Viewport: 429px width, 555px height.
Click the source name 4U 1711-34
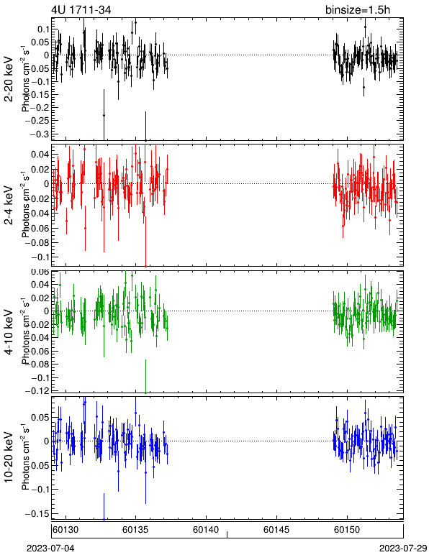(x=81, y=9)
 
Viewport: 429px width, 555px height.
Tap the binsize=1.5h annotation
(x=358, y=9)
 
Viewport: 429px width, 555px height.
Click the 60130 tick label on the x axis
(x=66, y=530)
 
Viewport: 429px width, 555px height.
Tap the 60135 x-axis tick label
(x=135, y=530)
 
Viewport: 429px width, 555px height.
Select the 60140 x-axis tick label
(x=206, y=530)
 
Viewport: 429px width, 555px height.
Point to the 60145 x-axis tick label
(x=276, y=530)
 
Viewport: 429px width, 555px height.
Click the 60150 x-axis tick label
(x=347, y=530)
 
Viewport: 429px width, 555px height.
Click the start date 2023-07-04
(x=50, y=549)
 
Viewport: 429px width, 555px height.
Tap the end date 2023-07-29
(x=403, y=549)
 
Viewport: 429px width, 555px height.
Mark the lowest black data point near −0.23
(x=104, y=115)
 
